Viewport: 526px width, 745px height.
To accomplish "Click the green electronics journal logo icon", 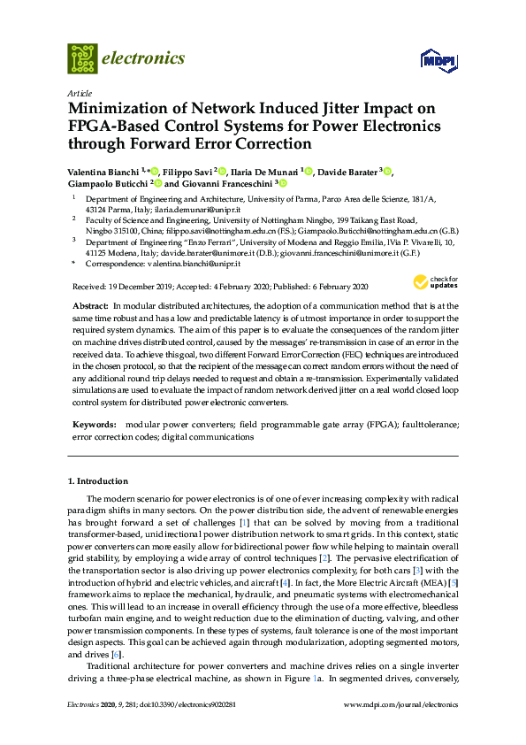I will (82, 58).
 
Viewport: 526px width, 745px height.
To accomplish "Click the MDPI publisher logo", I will (439, 60).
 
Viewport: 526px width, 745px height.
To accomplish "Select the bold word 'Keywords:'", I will (93, 425).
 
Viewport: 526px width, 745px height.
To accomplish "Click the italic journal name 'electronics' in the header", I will (144, 58).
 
